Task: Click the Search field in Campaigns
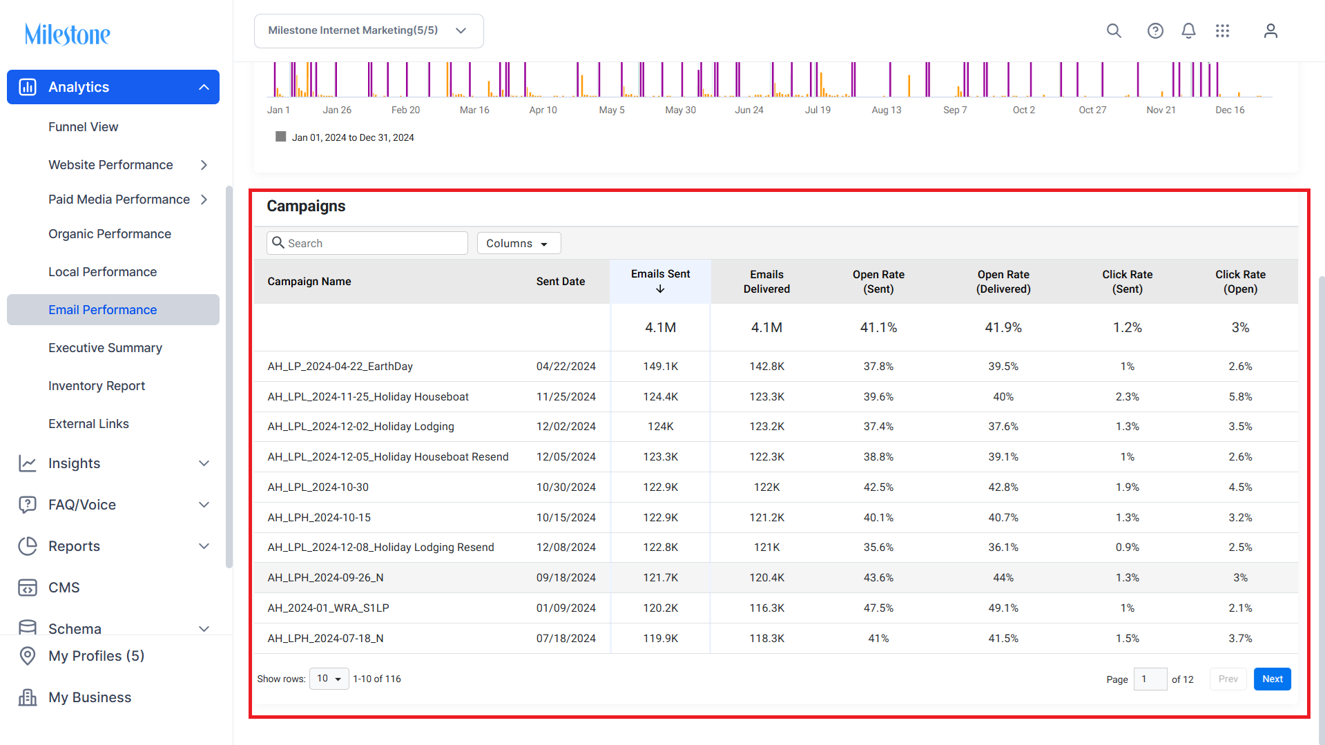click(367, 243)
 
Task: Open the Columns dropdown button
click(519, 243)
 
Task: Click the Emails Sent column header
click(660, 281)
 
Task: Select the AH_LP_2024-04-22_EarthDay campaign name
click(340, 366)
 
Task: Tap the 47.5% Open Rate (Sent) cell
click(878, 608)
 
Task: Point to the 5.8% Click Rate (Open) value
click(1240, 396)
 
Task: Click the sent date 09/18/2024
click(566, 577)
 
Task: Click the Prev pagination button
click(1228, 679)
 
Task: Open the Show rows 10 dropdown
click(329, 679)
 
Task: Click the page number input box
click(1150, 679)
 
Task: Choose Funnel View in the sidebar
click(84, 126)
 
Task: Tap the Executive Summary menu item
click(106, 347)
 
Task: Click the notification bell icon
click(1188, 30)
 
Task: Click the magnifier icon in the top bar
click(1114, 30)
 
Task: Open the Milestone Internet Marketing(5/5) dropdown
click(369, 30)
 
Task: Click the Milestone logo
click(67, 34)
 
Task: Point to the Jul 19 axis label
click(818, 110)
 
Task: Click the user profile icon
click(1270, 30)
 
